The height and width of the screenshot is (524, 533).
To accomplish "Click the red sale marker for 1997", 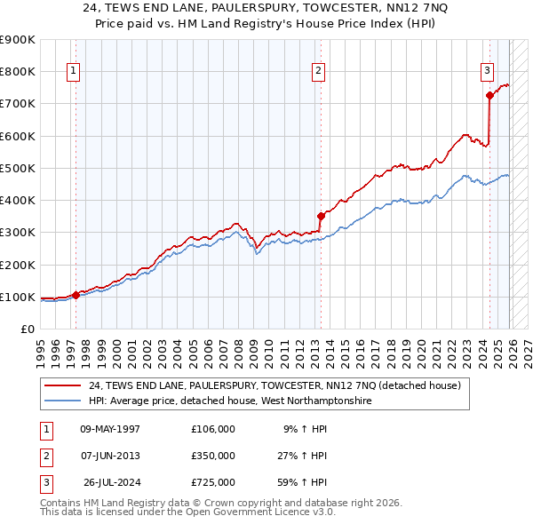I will (76, 296).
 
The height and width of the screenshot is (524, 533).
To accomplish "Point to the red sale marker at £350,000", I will (321, 216).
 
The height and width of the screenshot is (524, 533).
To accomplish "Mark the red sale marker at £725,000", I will (489, 95).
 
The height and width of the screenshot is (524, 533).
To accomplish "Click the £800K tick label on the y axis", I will (19, 72).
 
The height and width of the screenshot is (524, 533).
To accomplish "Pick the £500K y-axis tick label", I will (19, 168).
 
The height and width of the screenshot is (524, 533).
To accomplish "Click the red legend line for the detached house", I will (63, 386).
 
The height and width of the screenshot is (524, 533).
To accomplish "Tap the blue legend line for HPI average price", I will (63, 401).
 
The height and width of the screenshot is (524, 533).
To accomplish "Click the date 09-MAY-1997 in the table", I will (110, 429).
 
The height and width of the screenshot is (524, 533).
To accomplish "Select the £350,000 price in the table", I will (213, 456).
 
